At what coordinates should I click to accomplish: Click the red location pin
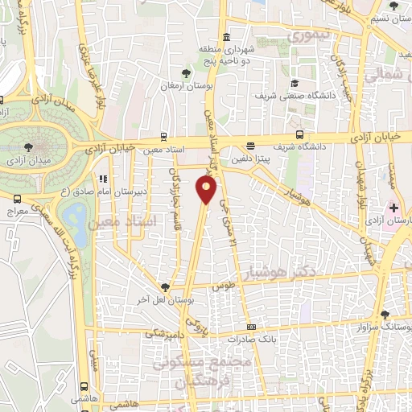[207, 189]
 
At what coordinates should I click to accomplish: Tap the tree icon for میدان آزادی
[29, 146]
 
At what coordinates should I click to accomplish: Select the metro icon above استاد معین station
[164, 136]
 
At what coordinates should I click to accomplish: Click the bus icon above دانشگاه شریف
[299, 134]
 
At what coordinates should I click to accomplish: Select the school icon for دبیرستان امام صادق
[101, 179]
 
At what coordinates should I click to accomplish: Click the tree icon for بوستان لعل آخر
[165, 287]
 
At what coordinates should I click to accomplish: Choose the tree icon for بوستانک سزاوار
[385, 315]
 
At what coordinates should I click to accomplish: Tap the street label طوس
[222, 286]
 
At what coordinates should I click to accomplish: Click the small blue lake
[77, 214]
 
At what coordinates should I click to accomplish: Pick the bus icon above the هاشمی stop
[85, 385]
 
